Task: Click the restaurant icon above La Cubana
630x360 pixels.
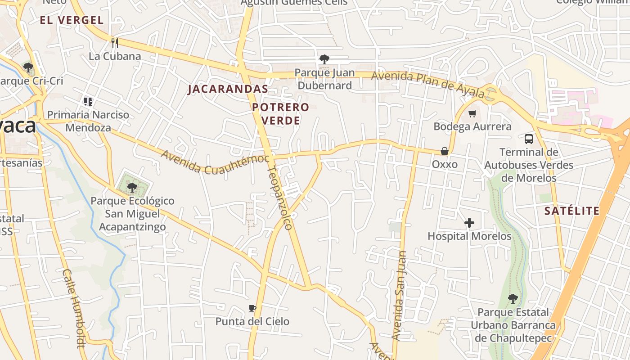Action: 115,43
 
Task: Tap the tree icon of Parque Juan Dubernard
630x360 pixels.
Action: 324,59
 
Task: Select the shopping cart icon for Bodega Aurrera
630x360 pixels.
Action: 472,113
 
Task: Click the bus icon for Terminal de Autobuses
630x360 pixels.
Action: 529,139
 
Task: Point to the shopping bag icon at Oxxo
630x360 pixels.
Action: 445,151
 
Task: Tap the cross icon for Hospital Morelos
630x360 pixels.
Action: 469,223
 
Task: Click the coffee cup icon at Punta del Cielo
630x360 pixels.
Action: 252,308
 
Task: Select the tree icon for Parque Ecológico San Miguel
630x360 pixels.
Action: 132,187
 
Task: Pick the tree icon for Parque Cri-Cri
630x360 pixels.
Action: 28,68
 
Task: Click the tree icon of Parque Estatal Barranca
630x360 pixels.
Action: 513,299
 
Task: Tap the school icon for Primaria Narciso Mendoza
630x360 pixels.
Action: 88,102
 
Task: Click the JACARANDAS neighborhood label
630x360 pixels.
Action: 228,89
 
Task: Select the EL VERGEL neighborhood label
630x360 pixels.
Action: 72,20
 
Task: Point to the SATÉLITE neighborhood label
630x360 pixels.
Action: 571,211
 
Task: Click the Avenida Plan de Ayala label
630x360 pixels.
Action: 428,85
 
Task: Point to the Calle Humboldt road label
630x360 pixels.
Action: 74,309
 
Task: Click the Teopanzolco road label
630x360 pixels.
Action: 280,198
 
